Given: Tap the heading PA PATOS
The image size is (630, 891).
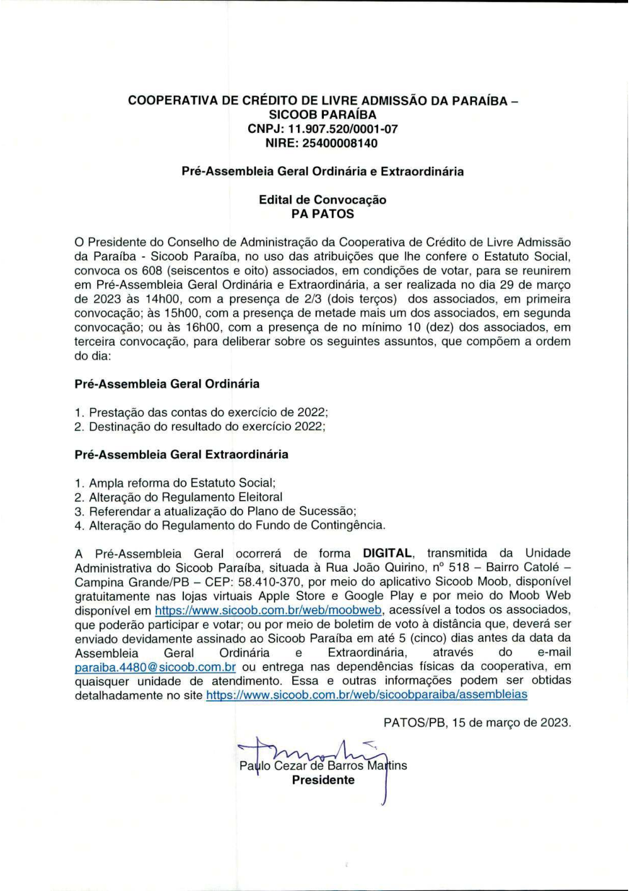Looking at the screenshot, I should tap(323, 214).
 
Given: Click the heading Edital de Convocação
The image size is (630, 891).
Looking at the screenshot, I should tap(323, 200).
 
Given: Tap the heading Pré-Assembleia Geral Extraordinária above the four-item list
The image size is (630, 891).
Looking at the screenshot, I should tap(181, 455).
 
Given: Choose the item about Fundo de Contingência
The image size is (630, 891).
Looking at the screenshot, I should tap(237, 525).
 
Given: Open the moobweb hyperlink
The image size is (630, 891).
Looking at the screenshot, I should tap(268, 610).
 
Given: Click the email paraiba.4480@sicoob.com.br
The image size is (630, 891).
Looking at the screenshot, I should tap(155, 667).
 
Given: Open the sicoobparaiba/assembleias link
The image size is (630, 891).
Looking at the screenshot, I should tap(367, 695).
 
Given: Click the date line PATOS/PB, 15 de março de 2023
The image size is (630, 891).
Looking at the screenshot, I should tap(477, 723).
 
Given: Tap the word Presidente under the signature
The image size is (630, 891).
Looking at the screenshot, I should tap(323, 780).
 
